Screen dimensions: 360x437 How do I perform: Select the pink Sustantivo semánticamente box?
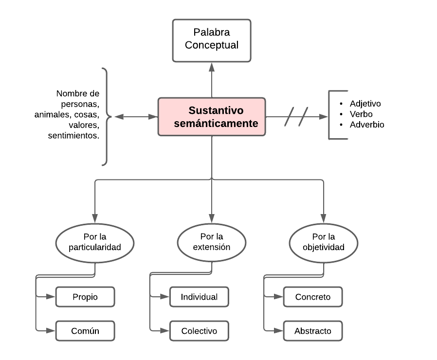(x=212, y=117)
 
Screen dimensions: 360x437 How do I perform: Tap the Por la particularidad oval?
(x=95, y=242)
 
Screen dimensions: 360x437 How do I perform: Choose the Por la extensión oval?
(x=212, y=242)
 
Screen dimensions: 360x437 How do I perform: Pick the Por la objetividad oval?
(x=324, y=242)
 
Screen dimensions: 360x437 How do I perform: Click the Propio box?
(x=85, y=297)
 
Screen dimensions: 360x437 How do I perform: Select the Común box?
(x=85, y=331)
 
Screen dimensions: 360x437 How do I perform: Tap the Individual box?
(x=199, y=297)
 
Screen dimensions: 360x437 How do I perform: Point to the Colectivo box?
(x=199, y=331)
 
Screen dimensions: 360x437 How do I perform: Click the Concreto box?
(x=313, y=297)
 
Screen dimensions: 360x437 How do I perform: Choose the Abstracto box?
(x=313, y=331)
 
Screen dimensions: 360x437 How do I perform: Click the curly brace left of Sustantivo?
(x=105, y=117)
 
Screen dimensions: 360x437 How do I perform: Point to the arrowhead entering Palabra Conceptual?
(x=212, y=66)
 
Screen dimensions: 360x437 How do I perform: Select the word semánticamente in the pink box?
(x=216, y=124)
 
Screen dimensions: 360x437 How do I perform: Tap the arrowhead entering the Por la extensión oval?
(x=212, y=219)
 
